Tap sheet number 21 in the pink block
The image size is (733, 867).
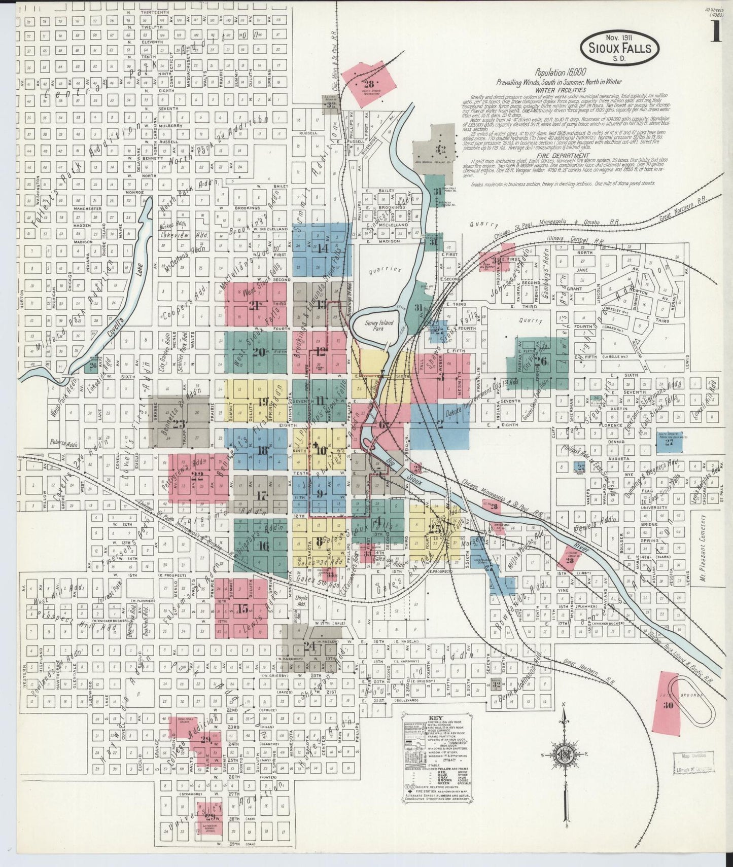point(255,305)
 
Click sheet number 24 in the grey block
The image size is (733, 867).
point(309,646)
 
